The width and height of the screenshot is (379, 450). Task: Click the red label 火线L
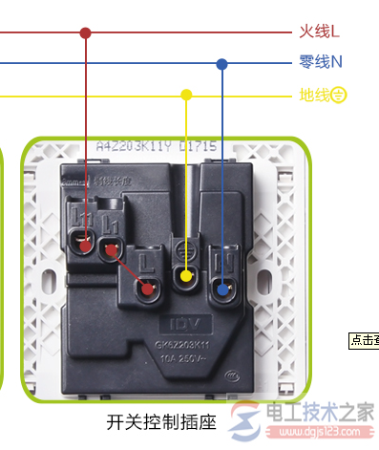point(319,32)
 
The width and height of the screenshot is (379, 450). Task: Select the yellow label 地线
point(314,95)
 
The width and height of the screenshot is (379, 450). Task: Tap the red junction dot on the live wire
point(86,32)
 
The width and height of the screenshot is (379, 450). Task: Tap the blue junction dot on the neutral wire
point(222,64)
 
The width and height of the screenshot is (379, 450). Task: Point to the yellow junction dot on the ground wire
point(186,95)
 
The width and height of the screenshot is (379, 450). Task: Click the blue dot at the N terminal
point(223,289)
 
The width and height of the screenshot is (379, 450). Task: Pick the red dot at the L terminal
point(147,287)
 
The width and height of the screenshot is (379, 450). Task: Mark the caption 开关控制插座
point(161,421)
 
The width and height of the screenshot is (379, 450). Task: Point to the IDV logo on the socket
point(182,313)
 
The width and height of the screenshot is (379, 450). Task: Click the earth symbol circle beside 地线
point(338,95)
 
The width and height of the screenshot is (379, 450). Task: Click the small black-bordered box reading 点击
point(364,339)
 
